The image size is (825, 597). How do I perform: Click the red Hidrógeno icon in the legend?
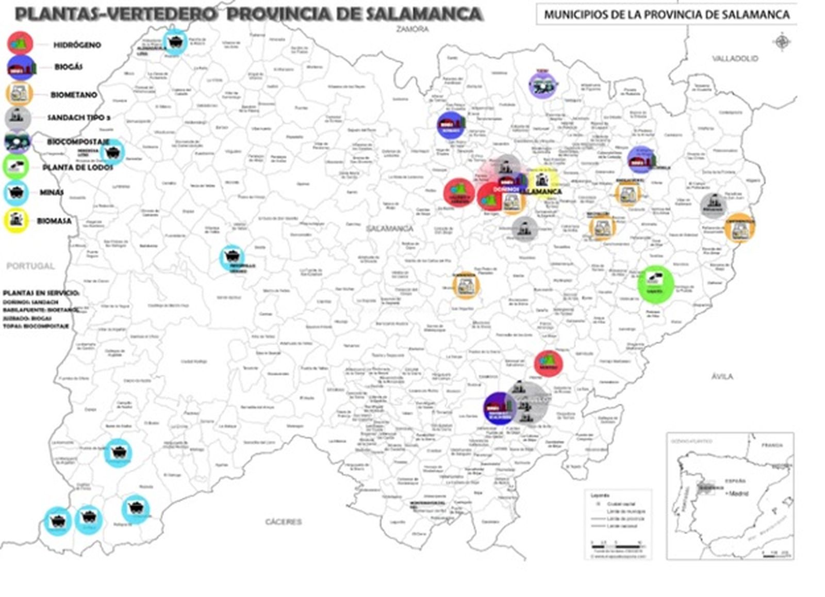pyautogui.click(x=20, y=43)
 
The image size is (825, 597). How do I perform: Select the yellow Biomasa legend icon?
pyautogui.click(x=16, y=220)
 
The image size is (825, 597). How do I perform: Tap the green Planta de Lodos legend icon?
pyautogui.click(x=16, y=166)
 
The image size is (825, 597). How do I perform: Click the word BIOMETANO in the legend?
pyautogui.click(x=73, y=95)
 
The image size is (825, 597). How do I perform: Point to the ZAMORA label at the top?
pyautogui.click(x=412, y=29)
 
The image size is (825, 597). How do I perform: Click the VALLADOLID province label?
pyautogui.click(x=735, y=58)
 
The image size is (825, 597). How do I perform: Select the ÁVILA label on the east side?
pyautogui.click(x=722, y=376)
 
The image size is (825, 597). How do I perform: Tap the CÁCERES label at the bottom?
pyautogui.click(x=283, y=522)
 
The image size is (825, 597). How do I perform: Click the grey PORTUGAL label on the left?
pyautogui.click(x=30, y=266)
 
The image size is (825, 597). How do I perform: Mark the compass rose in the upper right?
pyautogui.click(x=782, y=41)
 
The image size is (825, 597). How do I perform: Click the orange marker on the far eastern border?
pyautogui.click(x=739, y=227)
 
